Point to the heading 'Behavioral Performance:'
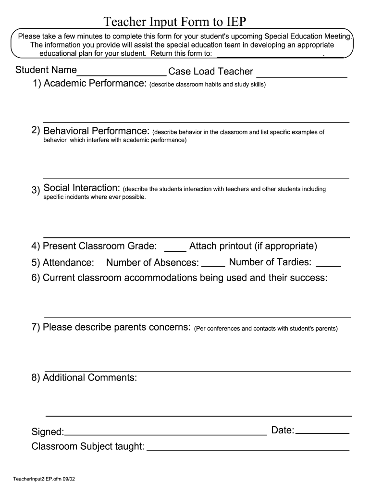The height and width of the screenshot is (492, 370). [x=97, y=131]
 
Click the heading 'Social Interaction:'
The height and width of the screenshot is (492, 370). [x=82, y=188]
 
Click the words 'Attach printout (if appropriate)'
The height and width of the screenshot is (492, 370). [x=253, y=246]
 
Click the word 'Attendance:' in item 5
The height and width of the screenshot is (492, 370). [x=68, y=263]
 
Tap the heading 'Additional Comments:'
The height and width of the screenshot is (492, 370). [x=90, y=378]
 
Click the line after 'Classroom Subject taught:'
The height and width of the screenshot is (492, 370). [x=247, y=450]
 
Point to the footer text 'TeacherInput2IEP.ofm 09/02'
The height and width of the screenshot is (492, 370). [x=45, y=479]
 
